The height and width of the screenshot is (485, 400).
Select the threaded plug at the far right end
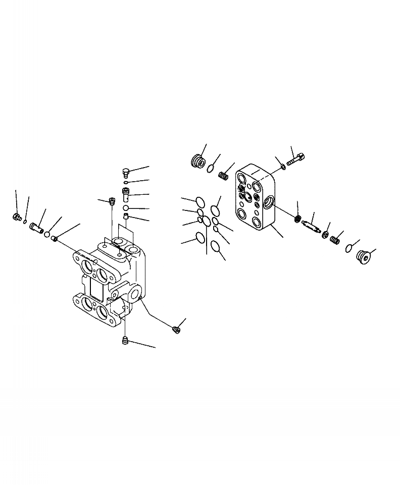tap(363, 256)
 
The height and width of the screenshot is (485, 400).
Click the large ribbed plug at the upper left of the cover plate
tap(197, 161)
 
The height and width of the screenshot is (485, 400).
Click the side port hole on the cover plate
tap(269, 203)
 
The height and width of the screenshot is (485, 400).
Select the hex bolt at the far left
tap(16, 217)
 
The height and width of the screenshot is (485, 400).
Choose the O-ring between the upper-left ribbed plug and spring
tap(210, 169)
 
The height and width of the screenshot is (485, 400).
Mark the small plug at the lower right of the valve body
tap(176, 330)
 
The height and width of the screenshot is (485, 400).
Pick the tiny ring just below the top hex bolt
tap(126, 183)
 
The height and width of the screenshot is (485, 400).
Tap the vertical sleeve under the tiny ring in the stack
tap(126, 194)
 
